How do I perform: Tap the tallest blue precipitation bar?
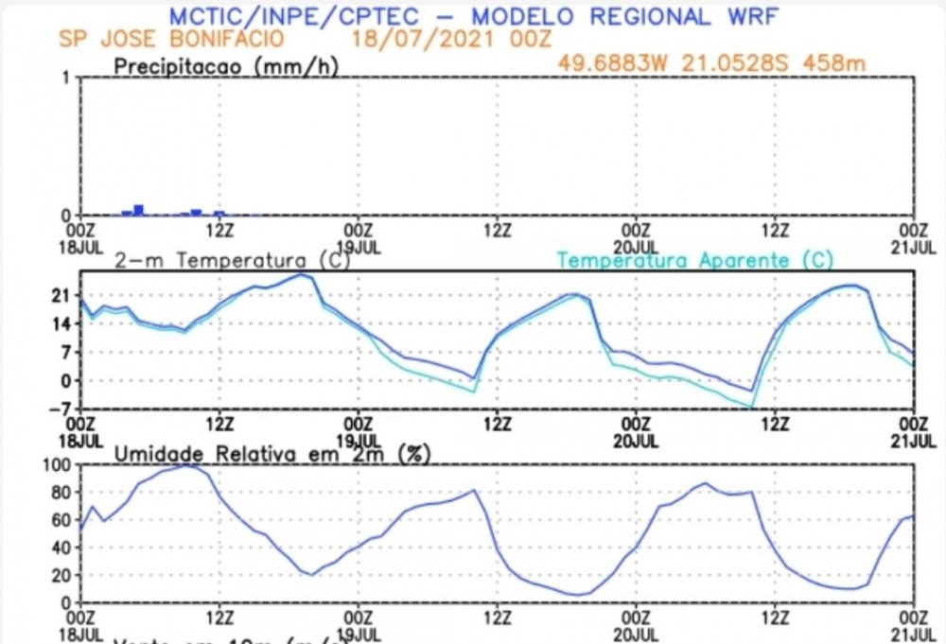[x=138, y=209]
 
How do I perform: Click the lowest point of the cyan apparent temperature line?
[x=752, y=407]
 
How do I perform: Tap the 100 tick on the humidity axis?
[x=59, y=465]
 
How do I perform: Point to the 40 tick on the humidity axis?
[x=62, y=548]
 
